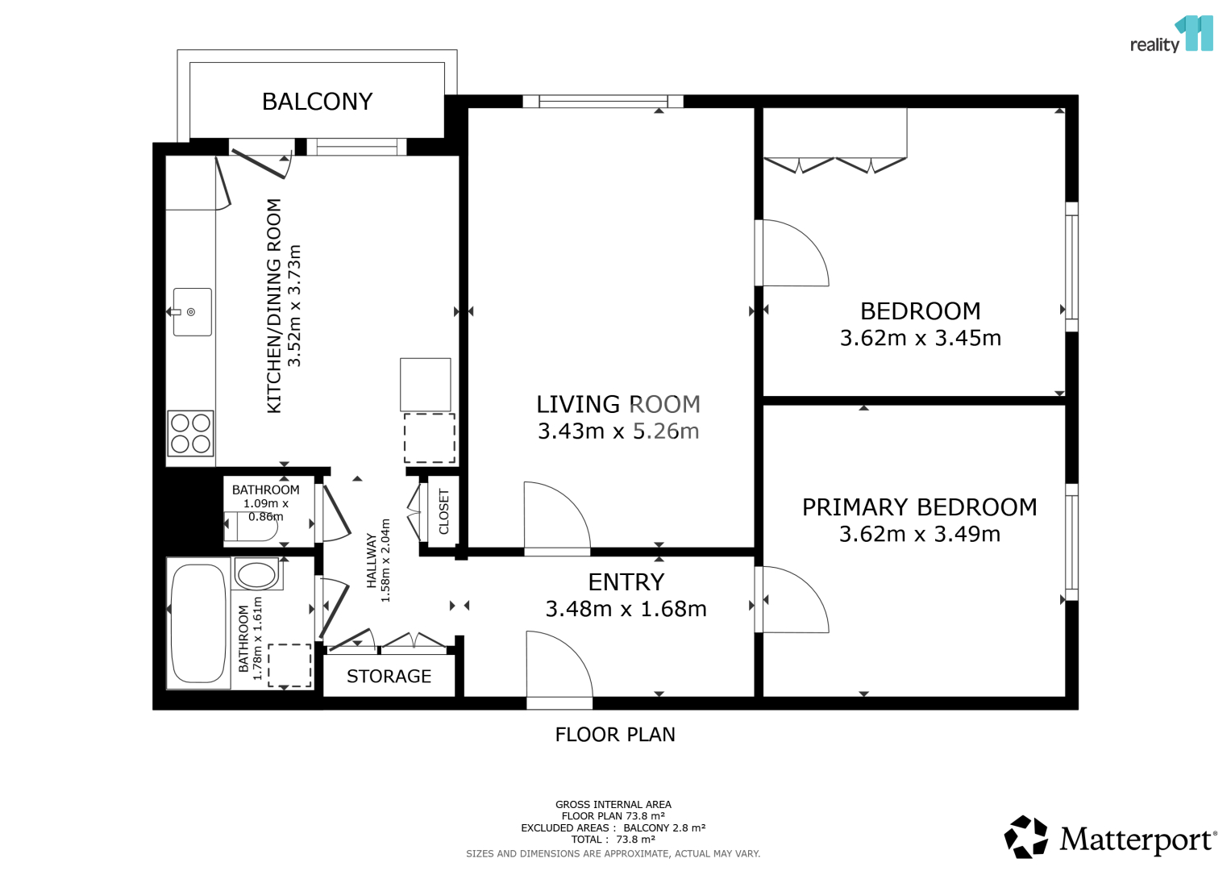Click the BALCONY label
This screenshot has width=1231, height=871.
tap(317, 102)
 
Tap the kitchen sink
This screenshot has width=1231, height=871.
tap(193, 312)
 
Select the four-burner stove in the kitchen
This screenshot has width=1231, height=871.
tap(191, 433)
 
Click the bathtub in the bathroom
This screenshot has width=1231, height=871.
tap(198, 623)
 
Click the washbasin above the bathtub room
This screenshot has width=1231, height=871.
tap(257, 573)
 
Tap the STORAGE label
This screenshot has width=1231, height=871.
tap(389, 677)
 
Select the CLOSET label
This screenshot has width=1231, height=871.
tap(444, 511)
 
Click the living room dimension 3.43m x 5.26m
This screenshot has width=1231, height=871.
tap(618, 431)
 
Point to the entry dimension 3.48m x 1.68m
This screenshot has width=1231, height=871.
tap(626, 609)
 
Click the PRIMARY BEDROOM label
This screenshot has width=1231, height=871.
tap(919, 507)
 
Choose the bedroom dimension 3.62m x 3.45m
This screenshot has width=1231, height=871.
tap(921, 338)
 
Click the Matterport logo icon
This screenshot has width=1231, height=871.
tap(1025, 837)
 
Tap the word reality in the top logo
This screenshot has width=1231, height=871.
tap(1154, 45)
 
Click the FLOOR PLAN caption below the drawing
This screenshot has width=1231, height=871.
tap(615, 735)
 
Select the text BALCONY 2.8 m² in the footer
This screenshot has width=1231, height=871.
tap(664, 827)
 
